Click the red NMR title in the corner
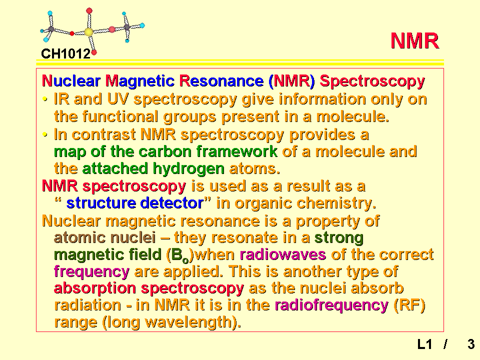[415, 40]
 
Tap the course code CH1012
[66, 54]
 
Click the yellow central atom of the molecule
[88, 32]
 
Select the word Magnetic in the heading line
[140, 81]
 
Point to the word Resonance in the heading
[221, 81]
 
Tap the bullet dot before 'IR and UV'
[45, 99]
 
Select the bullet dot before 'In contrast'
[45, 134]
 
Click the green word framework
[236, 151]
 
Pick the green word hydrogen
[188, 169]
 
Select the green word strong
[339, 238]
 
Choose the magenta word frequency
[91, 272]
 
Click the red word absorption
[95, 288]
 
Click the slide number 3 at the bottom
[471, 344]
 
